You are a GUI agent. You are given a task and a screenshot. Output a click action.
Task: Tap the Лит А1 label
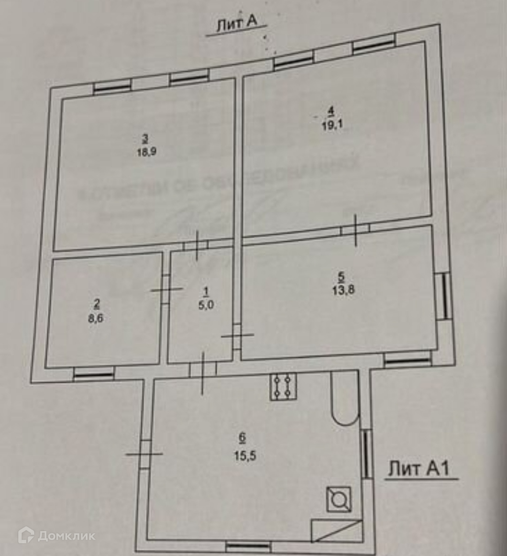coord(420,468)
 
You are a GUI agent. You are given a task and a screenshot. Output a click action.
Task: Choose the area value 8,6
coord(96,318)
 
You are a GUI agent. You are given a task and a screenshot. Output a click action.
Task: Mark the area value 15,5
coord(243,455)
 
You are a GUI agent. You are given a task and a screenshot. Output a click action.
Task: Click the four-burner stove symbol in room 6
coord(283,386)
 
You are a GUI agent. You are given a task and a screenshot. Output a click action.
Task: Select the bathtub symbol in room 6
coord(345,399)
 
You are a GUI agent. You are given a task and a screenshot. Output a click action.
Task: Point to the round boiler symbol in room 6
coord(338,499)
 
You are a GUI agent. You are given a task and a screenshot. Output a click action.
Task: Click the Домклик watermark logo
coord(56,536)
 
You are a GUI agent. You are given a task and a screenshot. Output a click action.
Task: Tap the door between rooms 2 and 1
coord(166,289)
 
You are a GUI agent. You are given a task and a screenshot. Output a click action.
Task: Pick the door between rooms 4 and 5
coord(355,230)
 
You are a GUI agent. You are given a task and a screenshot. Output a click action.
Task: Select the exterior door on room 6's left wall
coord(145,454)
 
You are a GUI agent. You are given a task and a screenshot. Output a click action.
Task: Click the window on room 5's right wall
coord(443,296)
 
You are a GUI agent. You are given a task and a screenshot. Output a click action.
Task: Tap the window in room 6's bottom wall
coord(248,547)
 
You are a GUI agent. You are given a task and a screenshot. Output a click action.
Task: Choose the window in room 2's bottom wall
coord(94,374)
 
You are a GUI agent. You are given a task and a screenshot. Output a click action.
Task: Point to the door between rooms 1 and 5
coord(237,335)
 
